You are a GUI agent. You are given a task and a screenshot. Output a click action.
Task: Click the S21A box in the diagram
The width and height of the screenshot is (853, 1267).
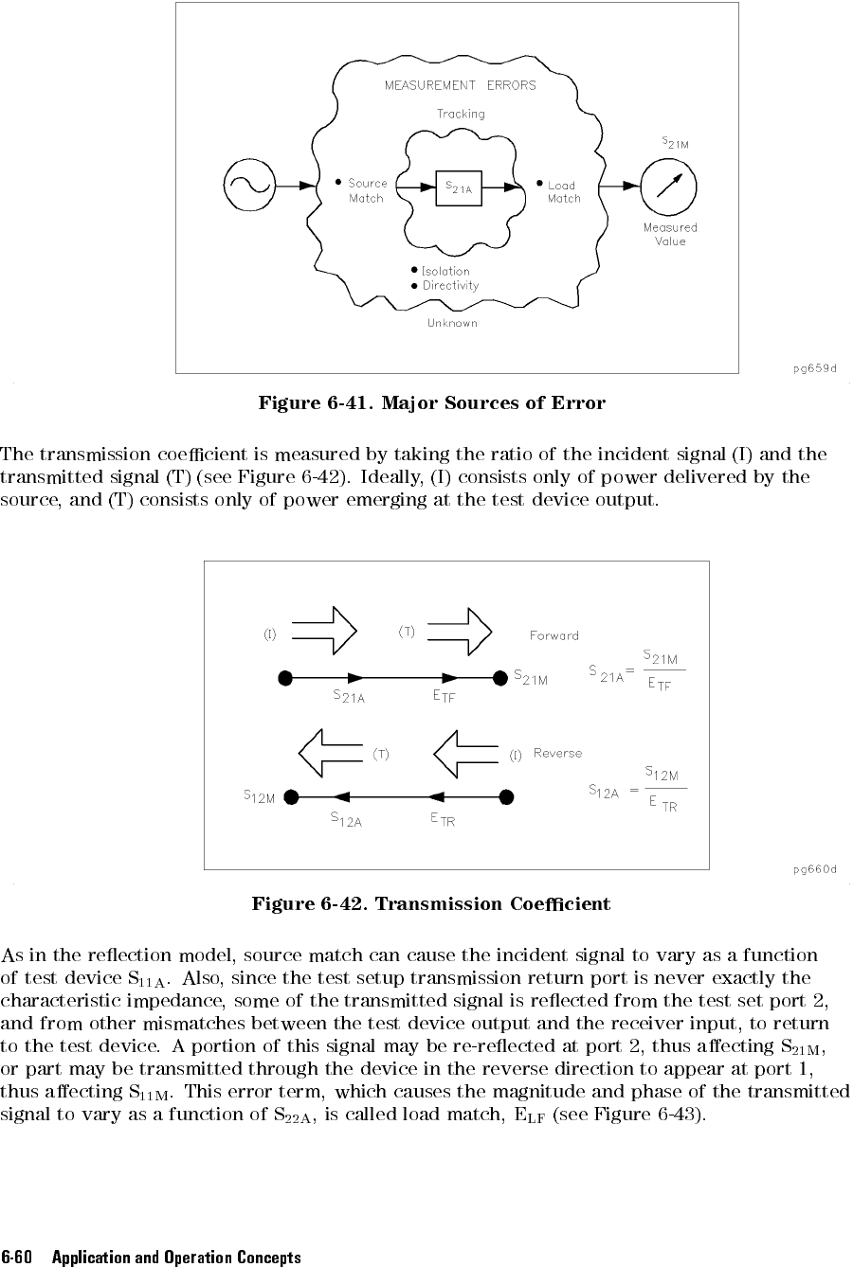pyautogui.click(x=459, y=187)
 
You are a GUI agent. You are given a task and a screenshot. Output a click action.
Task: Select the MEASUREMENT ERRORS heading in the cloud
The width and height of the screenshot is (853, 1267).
pyautogui.click(x=460, y=85)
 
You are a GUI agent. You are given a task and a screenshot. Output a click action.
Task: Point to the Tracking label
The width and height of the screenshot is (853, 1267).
pyautogui.click(x=461, y=114)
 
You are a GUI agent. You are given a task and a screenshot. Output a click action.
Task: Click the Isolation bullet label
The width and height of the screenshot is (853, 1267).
pyautogui.click(x=445, y=272)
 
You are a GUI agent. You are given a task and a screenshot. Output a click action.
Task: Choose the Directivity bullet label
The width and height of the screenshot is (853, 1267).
pyautogui.click(x=450, y=286)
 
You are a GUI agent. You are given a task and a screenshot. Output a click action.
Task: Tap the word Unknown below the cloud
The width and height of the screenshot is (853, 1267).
pyautogui.click(x=452, y=323)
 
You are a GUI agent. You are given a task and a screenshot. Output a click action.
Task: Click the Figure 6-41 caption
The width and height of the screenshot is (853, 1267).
pyautogui.click(x=431, y=403)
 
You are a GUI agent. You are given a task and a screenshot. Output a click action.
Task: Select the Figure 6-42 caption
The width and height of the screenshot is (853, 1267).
pyautogui.click(x=431, y=903)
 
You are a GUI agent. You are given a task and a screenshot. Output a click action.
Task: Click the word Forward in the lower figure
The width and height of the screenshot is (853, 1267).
pyautogui.click(x=554, y=635)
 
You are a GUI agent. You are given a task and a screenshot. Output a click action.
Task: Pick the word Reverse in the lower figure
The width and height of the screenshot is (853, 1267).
pyautogui.click(x=557, y=754)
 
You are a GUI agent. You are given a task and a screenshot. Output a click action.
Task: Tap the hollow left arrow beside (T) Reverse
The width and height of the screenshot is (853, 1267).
pyautogui.click(x=332, y=754)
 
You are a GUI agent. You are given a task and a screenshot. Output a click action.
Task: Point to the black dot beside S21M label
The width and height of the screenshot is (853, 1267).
pyautogui.click(x=500, y=678)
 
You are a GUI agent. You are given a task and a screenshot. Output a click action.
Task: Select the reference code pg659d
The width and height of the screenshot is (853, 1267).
pyautogui.click(x=815, y=368)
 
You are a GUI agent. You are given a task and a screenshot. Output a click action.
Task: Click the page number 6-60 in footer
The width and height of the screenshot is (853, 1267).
pyautogui.click(x=18, y=1258)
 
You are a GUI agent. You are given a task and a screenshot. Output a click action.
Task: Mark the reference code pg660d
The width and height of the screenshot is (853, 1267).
pyautogui.click(x=815, y=869)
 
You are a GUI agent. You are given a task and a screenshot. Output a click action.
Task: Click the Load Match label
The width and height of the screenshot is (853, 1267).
pyautogui.click(x=563, y=192)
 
